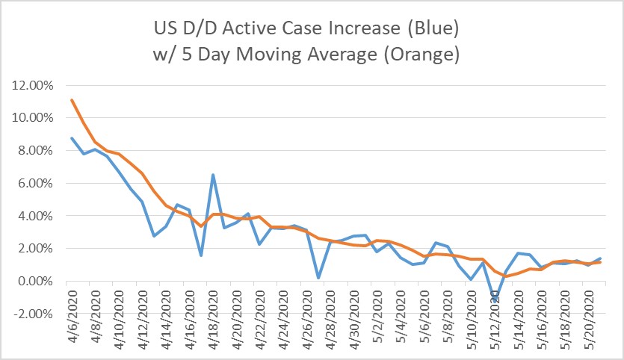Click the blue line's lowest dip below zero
pyautogui.click(x=495, y=301)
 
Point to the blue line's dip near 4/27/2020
pyautogui.click(x=318, y=278)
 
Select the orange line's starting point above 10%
pyautogui.click(x=71, y=99)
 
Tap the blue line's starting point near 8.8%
pyautogui.click(x=71, y=137)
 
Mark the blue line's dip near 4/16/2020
pyautogui.click(x=201, y=255)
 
